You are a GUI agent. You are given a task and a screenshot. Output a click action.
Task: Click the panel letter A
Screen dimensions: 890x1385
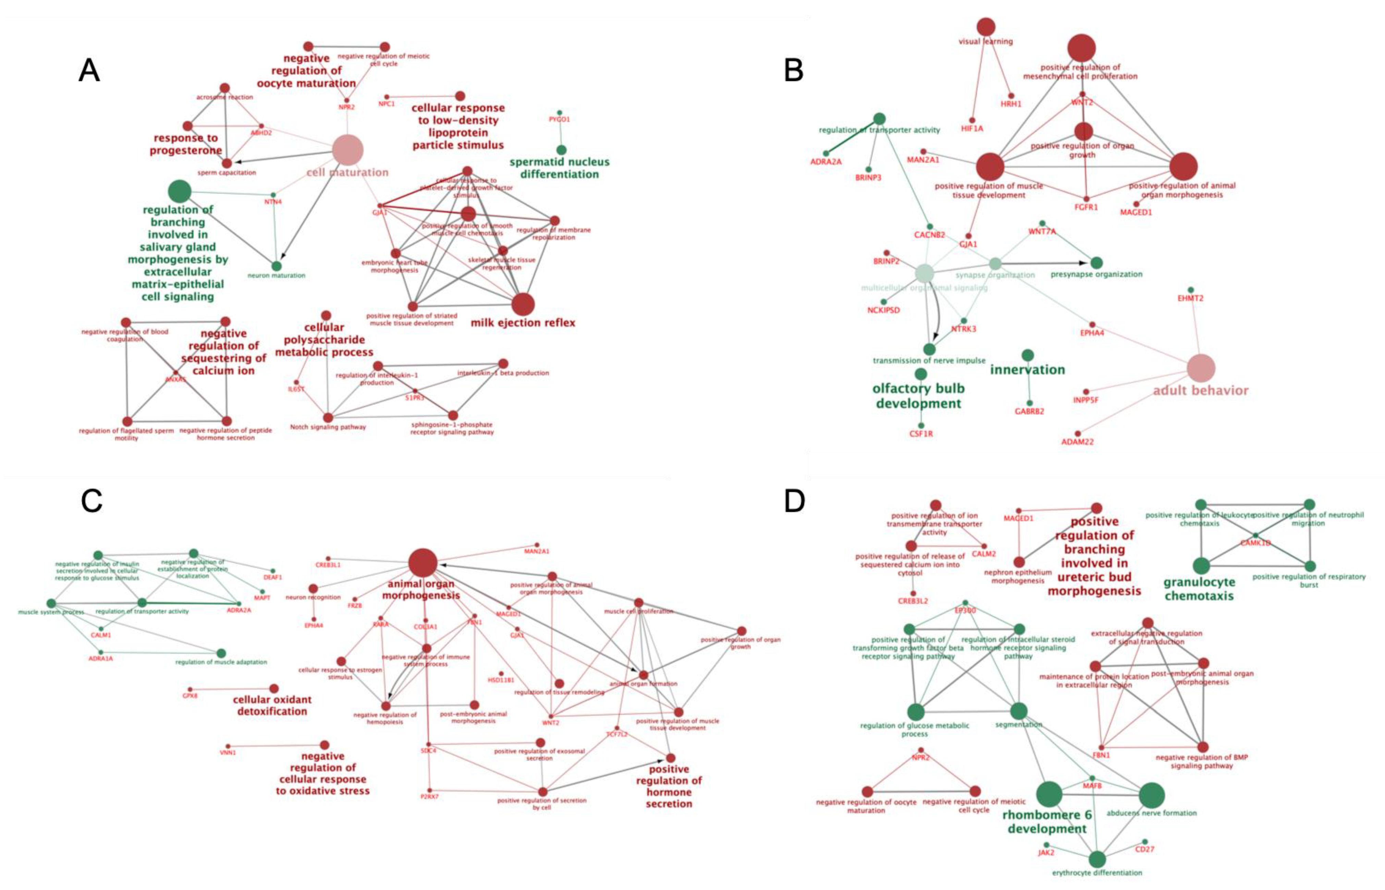(89, 71)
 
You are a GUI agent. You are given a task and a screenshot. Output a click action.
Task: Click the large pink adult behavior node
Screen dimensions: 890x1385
(1201, 368)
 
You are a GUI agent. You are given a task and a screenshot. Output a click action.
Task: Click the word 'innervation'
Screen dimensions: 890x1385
(1027, 370)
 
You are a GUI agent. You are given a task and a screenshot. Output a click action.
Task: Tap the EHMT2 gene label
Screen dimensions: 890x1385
(1190, 298)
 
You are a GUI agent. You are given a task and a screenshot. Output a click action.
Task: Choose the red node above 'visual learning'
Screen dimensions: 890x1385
(986, 27)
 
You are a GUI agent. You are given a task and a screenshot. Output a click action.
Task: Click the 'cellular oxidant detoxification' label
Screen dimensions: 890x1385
(272, 705)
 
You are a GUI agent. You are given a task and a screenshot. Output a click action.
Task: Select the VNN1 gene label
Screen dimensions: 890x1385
(228, 753)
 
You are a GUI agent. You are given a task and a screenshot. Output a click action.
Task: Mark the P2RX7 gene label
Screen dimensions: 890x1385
(429, 797)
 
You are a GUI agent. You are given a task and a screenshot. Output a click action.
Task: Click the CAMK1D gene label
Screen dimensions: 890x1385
(1255, 542)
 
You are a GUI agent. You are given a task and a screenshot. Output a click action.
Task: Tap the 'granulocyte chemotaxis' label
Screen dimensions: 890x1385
(1199, 589)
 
